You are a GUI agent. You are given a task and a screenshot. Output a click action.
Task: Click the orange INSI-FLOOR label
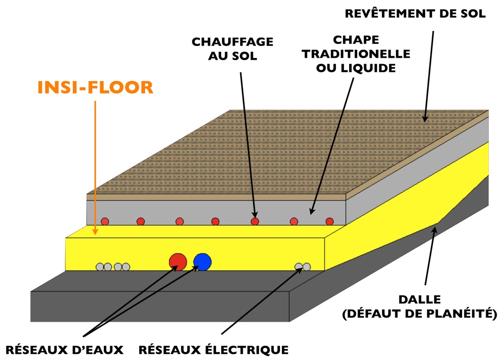[95, 87]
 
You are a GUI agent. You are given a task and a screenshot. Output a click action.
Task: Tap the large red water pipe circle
[178, 261]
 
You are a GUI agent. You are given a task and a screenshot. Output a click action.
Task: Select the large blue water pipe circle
[202, 261]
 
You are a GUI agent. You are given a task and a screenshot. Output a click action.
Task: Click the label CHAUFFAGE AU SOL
[232, 49]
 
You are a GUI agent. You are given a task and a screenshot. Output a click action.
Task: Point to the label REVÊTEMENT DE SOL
[415, 14]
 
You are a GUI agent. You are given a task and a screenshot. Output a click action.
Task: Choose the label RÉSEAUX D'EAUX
[64, 349]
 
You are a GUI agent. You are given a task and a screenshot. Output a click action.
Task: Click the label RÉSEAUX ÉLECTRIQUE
[213, 349]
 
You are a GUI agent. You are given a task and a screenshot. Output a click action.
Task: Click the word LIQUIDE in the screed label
[370, 68]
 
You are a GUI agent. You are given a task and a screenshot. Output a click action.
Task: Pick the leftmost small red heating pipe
[105, 221]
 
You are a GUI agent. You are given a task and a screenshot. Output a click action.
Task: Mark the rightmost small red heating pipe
[329, 221]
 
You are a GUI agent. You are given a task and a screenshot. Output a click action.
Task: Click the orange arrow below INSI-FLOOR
[95, 167]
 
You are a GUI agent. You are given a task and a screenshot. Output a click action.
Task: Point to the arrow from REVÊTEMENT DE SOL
[429, 76]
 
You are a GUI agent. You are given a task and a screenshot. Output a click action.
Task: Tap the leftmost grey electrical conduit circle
[100, 266]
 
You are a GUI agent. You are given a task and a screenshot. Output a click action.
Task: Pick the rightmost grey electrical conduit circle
[307, 266]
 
